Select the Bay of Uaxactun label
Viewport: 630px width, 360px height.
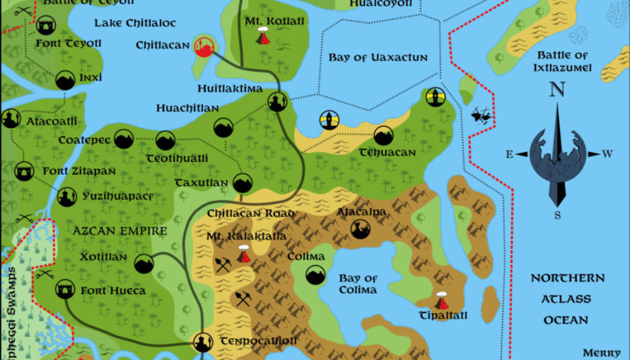tap(377, 57)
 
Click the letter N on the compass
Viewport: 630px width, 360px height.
tap(557, 90)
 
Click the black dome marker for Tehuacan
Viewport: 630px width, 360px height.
tap(383, 135)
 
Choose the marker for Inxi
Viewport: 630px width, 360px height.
tap(65, 80)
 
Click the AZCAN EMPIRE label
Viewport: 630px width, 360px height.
tap(120, 231)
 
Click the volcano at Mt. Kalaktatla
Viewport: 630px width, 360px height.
tap(244, 254)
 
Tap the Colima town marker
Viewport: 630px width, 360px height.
tap(316, 274)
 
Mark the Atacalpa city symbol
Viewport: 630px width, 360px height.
tap(360, 230)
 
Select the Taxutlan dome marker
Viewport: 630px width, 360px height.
tap(243, 183)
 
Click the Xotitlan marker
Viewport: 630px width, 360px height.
tap(144, 263)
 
